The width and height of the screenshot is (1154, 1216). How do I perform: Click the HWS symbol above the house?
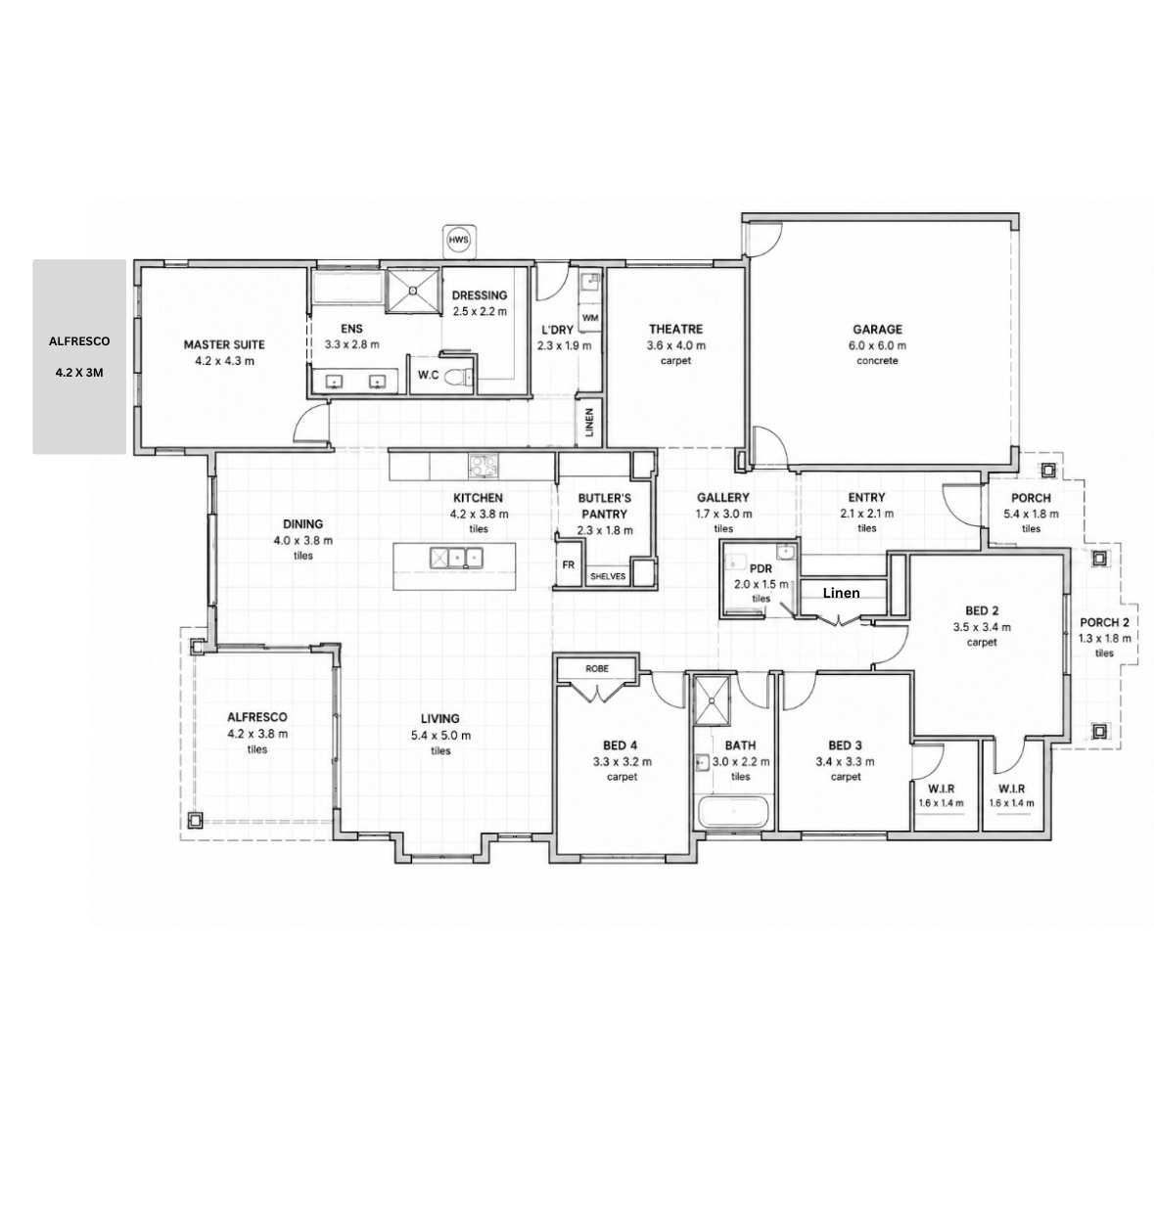click(459, 240)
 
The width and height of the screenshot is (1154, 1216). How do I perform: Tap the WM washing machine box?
click(590, 318)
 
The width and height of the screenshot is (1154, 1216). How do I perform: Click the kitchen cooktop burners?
click(484, 466)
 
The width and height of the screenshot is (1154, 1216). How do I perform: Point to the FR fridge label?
click(569, 564)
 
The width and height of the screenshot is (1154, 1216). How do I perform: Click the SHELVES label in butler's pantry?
click(608, 576)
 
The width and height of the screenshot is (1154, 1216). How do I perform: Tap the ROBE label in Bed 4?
click(597, 668)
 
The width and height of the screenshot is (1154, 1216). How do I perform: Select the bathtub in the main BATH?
click(733, 813)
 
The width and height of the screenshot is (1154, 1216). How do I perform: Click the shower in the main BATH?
click(712, 700)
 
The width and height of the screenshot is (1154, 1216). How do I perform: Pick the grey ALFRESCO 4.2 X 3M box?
click(79, 357)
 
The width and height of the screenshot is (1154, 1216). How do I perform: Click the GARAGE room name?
click(877, 330)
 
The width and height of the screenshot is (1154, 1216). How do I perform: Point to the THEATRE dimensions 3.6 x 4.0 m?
click(676, 345)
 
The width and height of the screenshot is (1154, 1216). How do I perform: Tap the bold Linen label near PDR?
click(842, 593)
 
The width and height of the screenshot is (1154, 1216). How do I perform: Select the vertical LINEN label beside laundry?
click(589, 422)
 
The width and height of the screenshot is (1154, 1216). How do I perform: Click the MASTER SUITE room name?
click(224, 345)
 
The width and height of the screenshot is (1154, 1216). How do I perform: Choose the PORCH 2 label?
click(1104, 623)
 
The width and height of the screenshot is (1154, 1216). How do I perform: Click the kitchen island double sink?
click(457, 558)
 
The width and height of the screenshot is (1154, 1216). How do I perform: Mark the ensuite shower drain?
click(412, 291)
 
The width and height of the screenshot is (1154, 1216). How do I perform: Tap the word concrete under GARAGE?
click(877, 361)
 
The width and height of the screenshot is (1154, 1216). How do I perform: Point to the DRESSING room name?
click(480, 295)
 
